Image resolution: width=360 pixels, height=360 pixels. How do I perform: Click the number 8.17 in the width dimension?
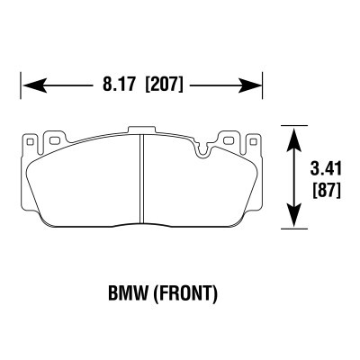point(117,86)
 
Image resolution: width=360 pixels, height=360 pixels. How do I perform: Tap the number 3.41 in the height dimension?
point(325,166)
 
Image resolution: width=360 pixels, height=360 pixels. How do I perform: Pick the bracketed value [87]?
point(325,190)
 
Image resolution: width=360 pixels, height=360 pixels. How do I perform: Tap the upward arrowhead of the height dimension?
point(292,136)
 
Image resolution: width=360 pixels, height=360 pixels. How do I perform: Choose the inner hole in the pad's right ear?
point(230,141)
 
